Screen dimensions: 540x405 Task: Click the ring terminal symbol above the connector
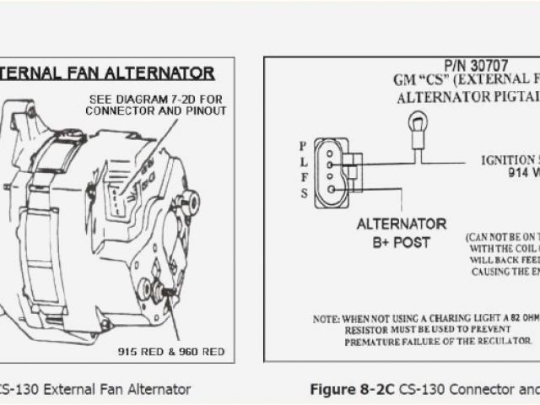click(x=414, y=126)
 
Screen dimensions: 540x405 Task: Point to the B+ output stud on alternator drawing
click(x=170, y=291)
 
